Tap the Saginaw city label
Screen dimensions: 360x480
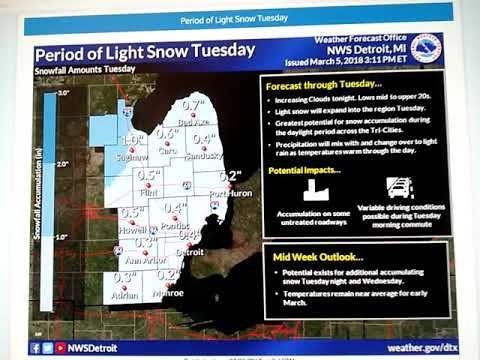[133, 156]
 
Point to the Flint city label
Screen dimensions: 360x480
[147, 190]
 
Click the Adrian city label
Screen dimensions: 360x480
[124, 297]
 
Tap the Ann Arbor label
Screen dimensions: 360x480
[143, 259]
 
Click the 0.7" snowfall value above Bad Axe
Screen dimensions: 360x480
[194, 105]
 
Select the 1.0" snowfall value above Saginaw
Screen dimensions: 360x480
[133, 141]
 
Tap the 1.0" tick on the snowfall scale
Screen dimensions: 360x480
[62, 236]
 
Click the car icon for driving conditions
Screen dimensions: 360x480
[399, 187]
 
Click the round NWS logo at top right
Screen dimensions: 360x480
[426, 48]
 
